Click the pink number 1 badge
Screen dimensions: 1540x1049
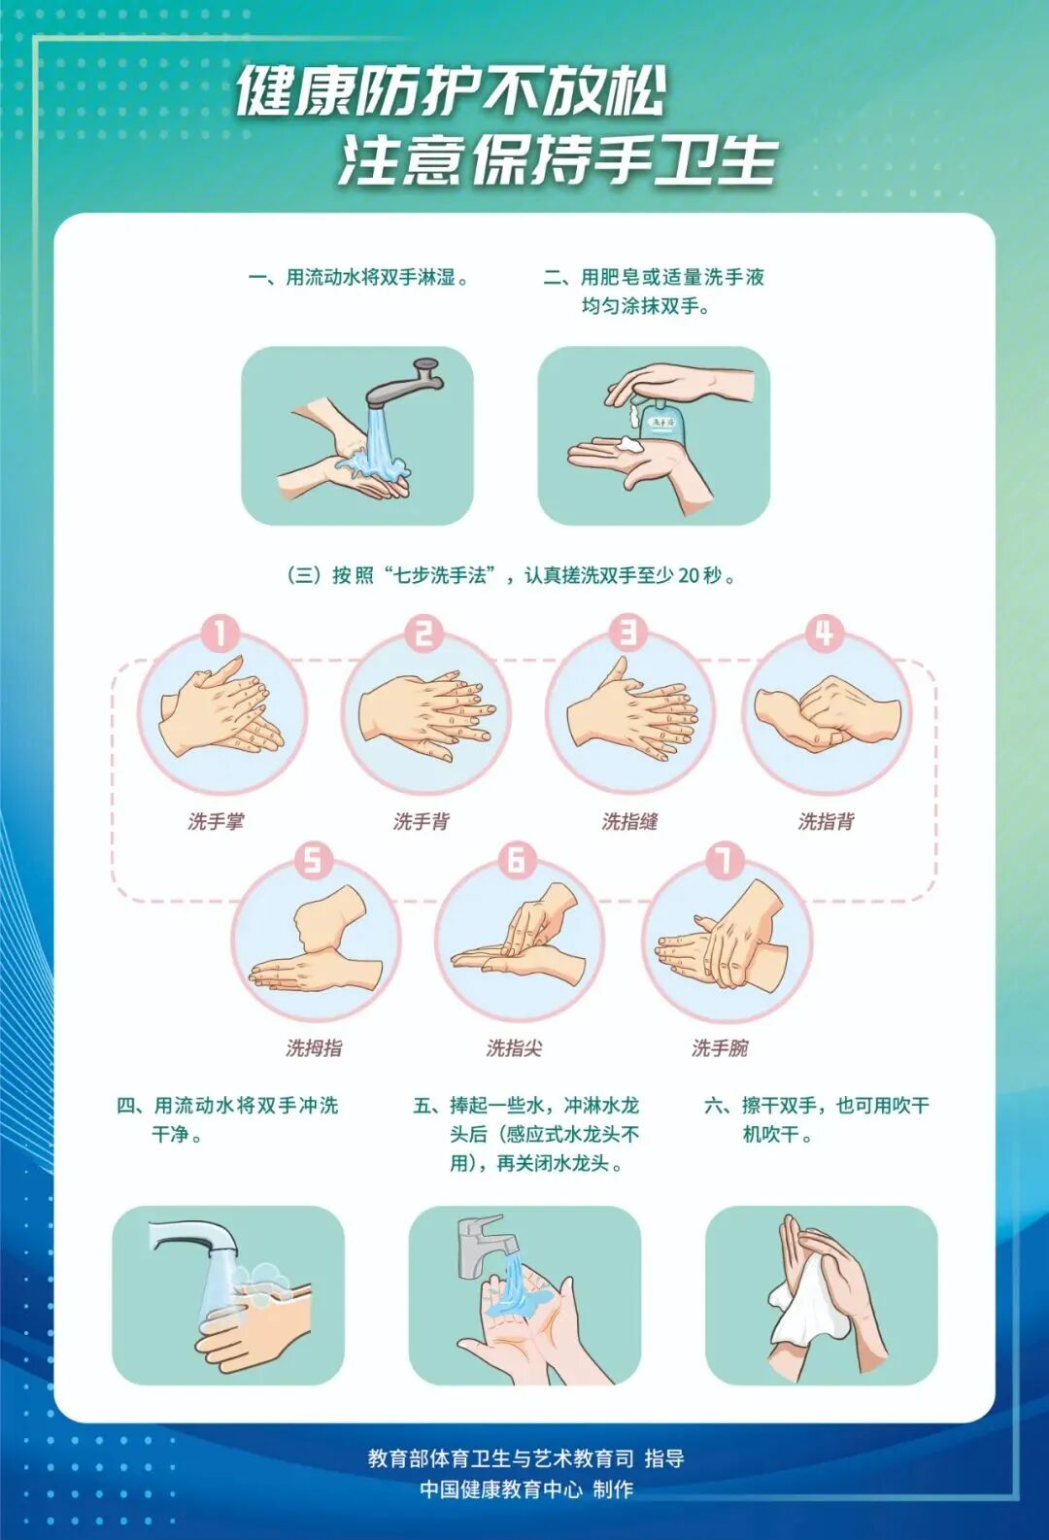pyautogui.click(x=220, y=633)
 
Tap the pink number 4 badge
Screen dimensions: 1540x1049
pyautogui.click(x=824, y=633)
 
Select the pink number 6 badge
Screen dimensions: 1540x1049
pyautogui.click(x=517, y=859)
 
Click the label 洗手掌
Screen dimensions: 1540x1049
pyautogui.click(x=216, y=821)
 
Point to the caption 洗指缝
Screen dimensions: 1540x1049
pyautogui.click(x=629, y=821)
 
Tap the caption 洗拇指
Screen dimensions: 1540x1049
pyautogui.click(x=314, y=1047)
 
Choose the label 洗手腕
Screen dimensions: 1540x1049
pyautogui.click(x=720, y=1047)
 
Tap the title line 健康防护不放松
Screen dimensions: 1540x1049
pyautogui.click(x=451, y=91)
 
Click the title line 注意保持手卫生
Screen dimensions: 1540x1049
pyautogui.click(x=558, y=160)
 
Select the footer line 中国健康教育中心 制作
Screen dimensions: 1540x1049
pyautogui.click(x=525, y=1489)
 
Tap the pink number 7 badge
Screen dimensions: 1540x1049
pyautogui.click(x=724, y=859)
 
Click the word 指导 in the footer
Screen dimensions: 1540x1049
pyautogui.click(x=664, y=1457)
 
